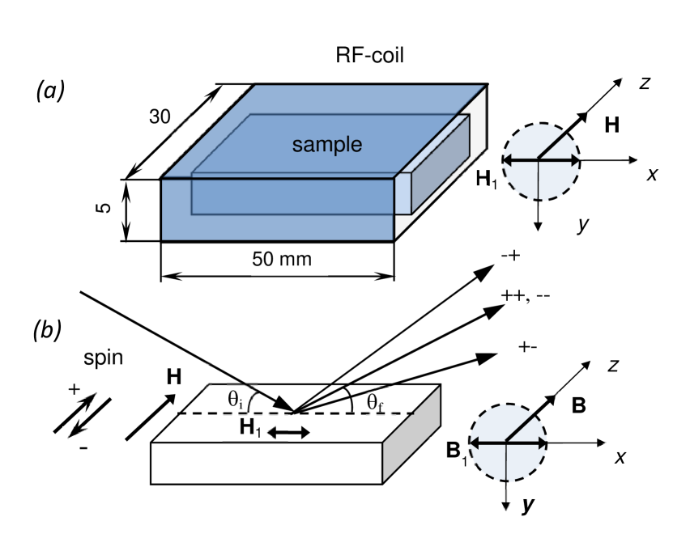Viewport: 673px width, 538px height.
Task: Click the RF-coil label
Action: pyautogui.click(x=369, y=56)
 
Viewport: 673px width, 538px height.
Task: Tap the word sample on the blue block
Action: pyautogui.click(x=327, y=145)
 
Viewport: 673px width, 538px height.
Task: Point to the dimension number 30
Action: pyautogui.click(x=160, y=116)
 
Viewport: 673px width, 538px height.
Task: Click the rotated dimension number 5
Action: pyautogui.click(x=104, y=209)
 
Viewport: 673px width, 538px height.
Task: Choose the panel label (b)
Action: pyautogui.click(x=47, y=330)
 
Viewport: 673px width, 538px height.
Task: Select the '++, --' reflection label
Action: pyautogui.click(x=526, y=295)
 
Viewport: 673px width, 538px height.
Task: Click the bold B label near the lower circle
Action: pyautogui.click(x=578, y=406)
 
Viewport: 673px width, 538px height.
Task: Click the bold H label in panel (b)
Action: pyautogui.click(x=174, y=376)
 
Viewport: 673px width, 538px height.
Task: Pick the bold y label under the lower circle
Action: pyautogui.click(x=528, y=506)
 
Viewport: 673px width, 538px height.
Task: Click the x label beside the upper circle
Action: pyautogui.click(x=650, y=175)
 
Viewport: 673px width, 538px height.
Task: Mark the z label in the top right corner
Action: pyautogui.click(x=645, y=83)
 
